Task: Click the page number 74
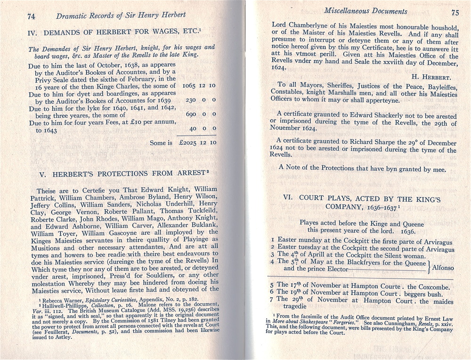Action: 31,16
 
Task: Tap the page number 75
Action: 455,13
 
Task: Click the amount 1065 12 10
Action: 199,86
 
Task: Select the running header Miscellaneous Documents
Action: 365,11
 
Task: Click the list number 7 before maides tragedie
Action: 272,299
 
